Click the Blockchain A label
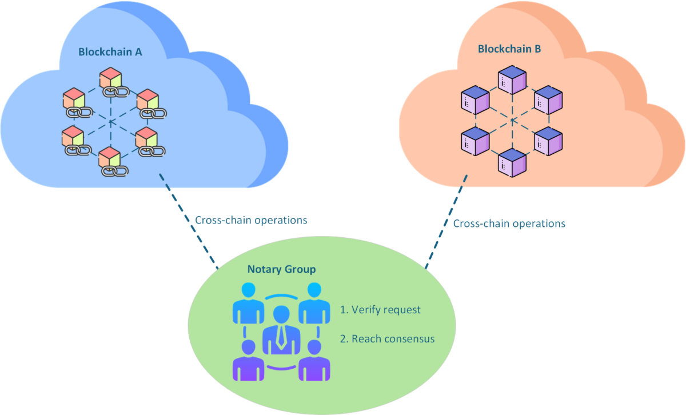(110, 52)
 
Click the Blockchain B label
(509, 49)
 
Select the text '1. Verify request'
(380, 310)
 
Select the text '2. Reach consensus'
(387, 339)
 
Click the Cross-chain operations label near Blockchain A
(251, 220)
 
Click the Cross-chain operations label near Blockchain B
(509, 223)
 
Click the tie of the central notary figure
(281, 338)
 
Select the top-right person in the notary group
(314, 303)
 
